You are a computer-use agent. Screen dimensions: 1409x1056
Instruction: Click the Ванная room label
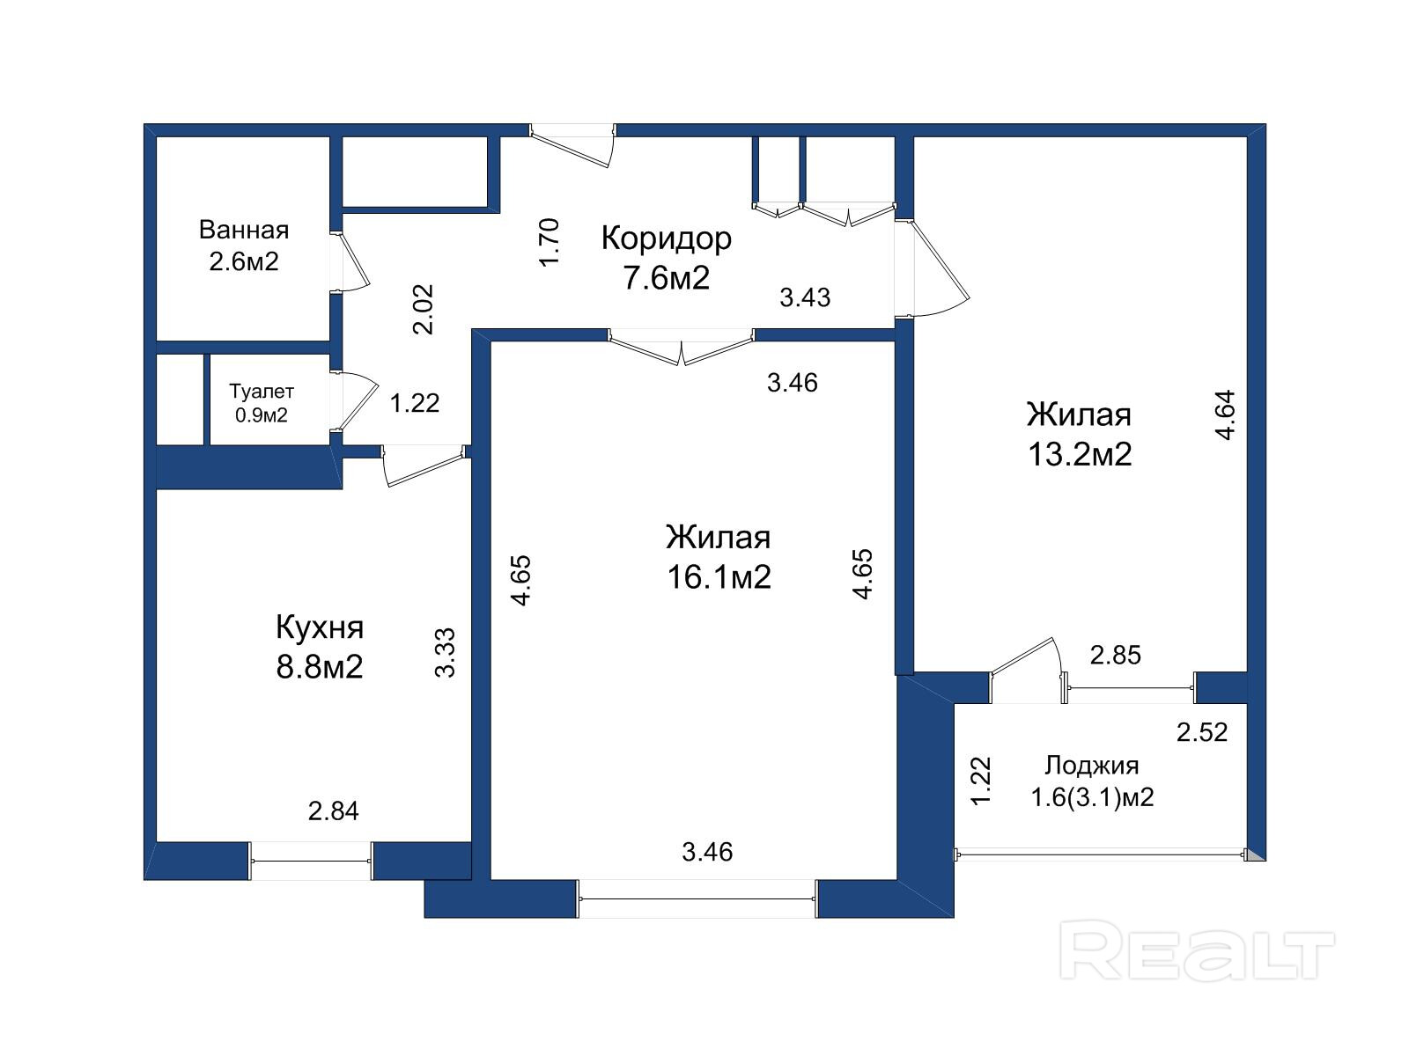tap(244, 230)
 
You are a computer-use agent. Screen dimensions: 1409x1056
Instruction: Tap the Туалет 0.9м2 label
tap(262, 403)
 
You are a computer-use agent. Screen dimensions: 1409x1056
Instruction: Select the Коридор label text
tap(667, 238)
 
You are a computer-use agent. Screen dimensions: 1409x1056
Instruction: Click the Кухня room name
tap(320, 627)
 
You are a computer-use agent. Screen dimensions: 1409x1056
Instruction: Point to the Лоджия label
tap(1092, 766)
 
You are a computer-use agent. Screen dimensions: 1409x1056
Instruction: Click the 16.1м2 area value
tap(719, 577)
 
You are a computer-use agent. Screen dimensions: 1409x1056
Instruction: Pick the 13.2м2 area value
tap(1080, 455)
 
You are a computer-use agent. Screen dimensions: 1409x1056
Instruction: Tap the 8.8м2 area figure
tap(320, 667)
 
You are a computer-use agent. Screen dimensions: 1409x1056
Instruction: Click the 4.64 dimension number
tap(1225, 414)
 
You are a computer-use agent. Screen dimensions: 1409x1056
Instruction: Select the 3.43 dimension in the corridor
tap(805, 297)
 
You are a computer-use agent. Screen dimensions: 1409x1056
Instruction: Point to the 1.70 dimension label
tap(550, 243)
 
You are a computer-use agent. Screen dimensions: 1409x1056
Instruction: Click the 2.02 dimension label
tap(424, 310)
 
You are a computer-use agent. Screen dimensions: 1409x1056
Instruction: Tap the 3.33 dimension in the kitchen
tap(445, 653)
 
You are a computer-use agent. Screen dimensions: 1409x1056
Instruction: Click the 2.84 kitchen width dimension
tap(333, 811)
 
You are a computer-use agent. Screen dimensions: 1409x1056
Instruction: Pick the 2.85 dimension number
tap(1116, 656)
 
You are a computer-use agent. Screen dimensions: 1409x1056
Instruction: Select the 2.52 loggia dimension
tap(1202, 732)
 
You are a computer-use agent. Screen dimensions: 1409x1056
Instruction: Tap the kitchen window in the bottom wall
tap(311, 862)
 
